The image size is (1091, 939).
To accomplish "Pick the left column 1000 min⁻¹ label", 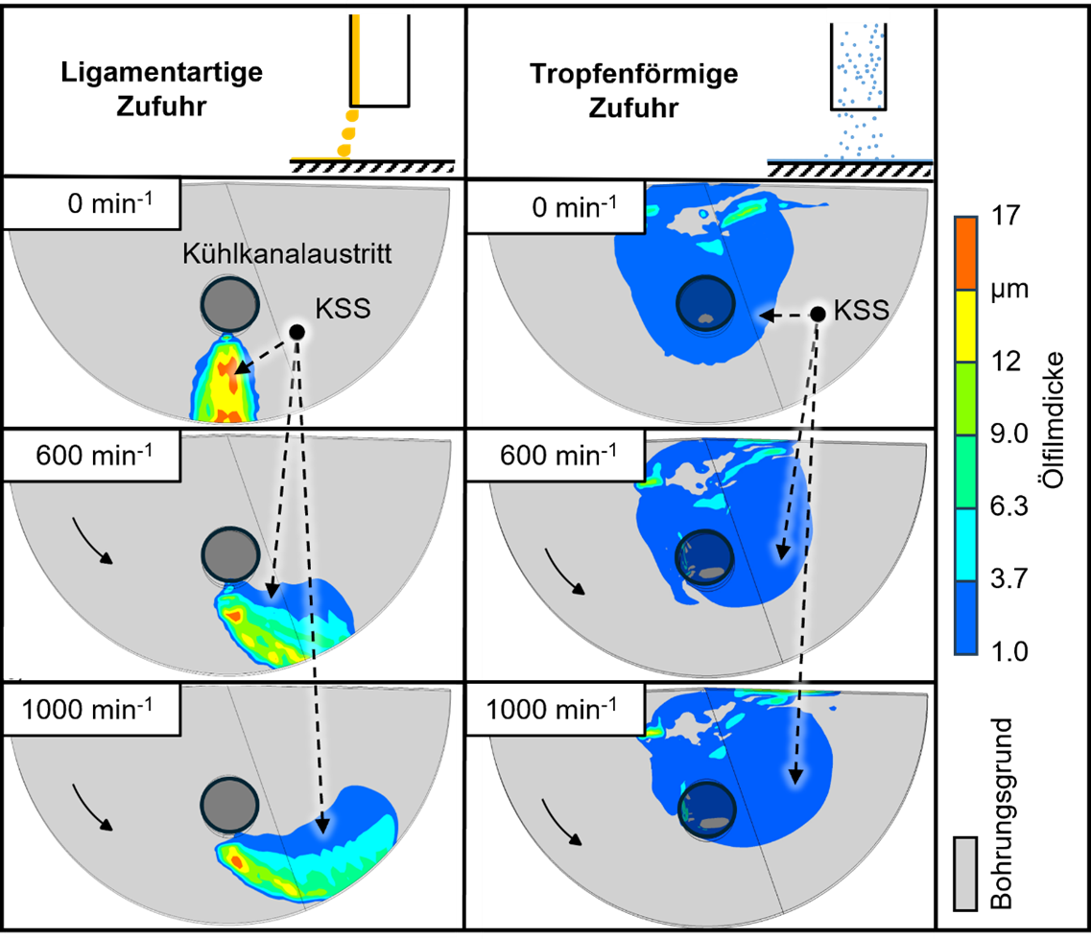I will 92,711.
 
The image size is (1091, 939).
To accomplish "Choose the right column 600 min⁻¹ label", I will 557,457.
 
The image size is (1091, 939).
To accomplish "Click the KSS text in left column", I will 343,309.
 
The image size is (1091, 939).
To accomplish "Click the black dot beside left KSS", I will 296,331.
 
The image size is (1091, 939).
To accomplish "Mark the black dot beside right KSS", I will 818,314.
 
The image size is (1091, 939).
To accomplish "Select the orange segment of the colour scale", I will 965,252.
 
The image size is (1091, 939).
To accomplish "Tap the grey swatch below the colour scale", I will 965,873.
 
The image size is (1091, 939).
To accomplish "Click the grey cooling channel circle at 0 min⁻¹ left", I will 229,302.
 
